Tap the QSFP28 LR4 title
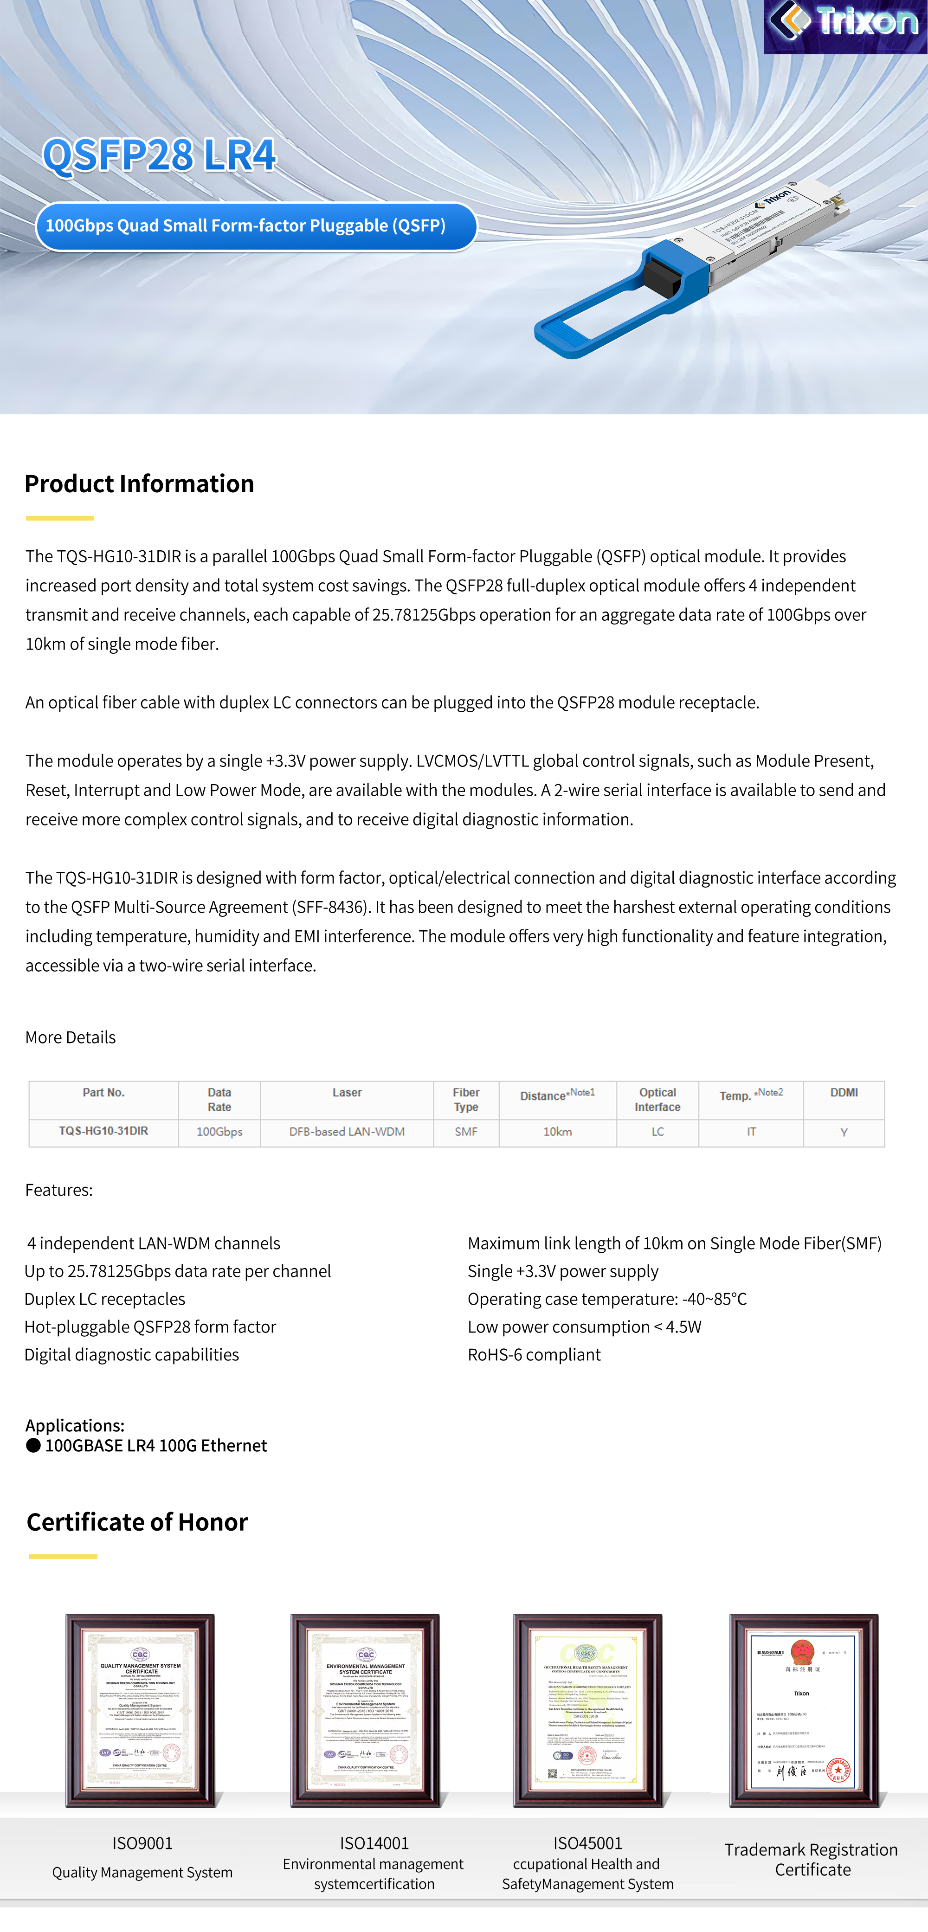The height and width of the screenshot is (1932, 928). coord(159,156)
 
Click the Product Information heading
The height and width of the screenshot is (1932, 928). coord(140,484)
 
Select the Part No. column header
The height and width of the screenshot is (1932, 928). coord(103,1093)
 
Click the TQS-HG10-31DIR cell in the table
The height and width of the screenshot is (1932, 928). coord(103,1131)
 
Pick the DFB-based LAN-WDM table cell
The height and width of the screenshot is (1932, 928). coord(347,1132)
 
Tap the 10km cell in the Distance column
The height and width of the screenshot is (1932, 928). coord(557,1132)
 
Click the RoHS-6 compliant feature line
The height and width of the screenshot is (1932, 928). coord(534,1354)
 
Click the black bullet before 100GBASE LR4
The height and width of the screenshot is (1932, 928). coord(33,1445)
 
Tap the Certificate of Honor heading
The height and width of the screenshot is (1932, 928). coord(137,1522)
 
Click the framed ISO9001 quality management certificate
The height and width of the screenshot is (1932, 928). coord(140,1710)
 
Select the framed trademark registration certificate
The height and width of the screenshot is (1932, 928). coord(804,1710)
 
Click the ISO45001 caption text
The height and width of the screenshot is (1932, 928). coord(587,1843)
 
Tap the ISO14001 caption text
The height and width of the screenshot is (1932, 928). coord(374,1843)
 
